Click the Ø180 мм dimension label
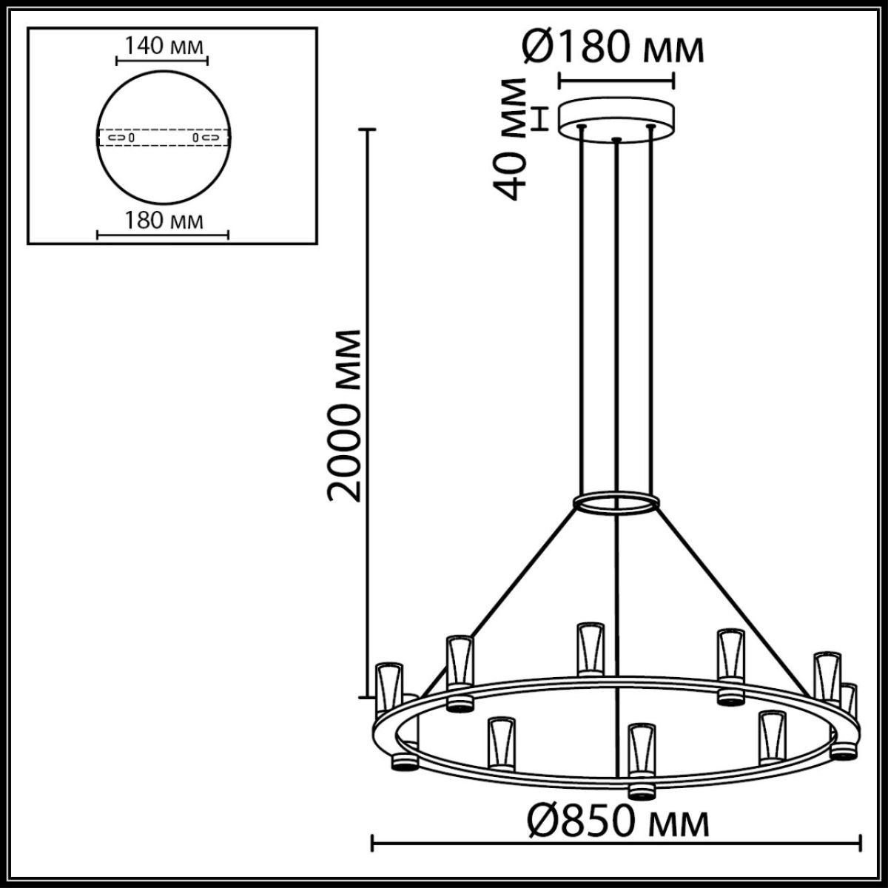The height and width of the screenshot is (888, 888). point(612,48)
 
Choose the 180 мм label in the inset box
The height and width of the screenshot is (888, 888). point(163,220)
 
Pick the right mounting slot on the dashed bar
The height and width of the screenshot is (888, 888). point(206,138)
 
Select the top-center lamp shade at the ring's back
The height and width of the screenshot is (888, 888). point(591,647)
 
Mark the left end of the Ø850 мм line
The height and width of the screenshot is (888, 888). point(371,841)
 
